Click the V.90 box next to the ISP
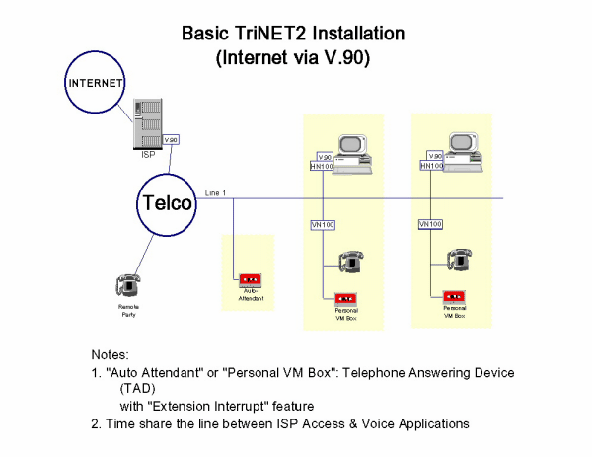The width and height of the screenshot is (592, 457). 172,140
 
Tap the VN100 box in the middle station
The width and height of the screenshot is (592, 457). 323,225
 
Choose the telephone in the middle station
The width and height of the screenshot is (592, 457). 350,262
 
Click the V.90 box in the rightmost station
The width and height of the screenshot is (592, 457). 432,156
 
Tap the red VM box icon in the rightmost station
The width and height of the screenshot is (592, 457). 454,295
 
